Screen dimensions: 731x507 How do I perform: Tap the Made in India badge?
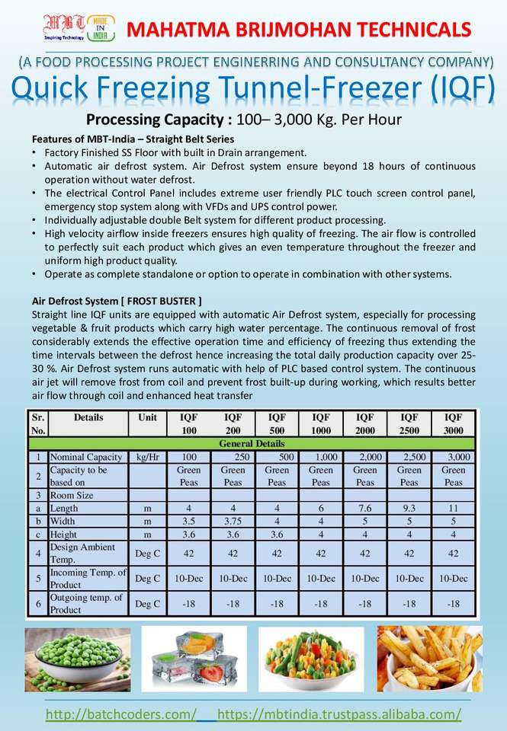point(101,27)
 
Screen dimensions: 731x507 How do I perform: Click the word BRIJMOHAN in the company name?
point(297,30)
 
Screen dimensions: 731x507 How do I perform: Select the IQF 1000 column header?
point(321,423)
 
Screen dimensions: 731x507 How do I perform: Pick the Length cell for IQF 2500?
point(409,508)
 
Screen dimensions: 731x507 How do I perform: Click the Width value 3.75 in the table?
point(233,521)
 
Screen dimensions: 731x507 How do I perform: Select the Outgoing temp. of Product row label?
point(85,604)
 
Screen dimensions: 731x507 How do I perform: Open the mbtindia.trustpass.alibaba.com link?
point(339,714)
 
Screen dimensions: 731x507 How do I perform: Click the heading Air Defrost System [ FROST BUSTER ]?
point(117,301)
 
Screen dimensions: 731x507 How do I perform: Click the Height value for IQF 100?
point(189,535)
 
